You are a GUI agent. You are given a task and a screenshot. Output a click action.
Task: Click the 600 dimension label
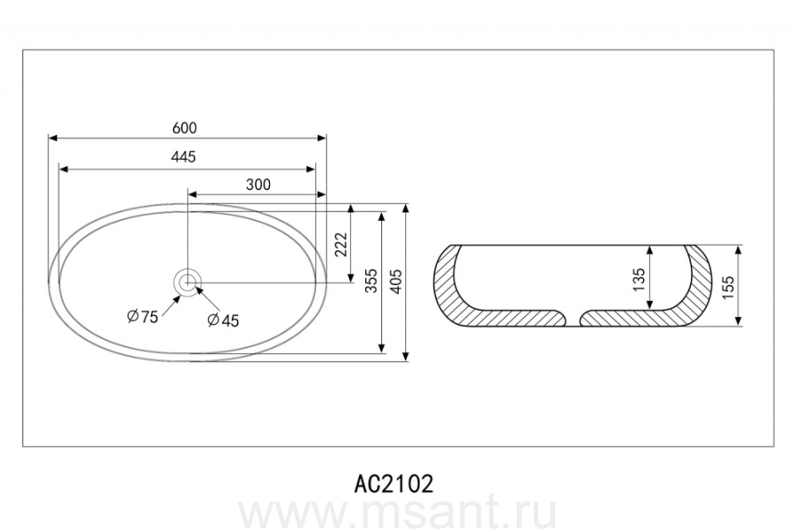coord(184,128)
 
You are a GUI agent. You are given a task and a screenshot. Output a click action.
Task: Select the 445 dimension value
coord(184,157)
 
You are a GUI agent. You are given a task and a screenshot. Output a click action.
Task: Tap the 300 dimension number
coord(258,185)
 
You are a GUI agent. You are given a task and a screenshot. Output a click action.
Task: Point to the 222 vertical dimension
coord(341,245)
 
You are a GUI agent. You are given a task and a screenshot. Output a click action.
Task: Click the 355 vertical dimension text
coord(371,281)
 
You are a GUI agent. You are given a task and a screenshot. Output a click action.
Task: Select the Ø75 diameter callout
coord(143,317)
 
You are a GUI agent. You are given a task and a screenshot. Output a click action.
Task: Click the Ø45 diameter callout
coord(223,321)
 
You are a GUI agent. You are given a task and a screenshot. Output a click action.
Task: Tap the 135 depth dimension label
coord(639,279)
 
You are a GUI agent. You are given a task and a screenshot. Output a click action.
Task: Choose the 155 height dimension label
coord(728,287)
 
